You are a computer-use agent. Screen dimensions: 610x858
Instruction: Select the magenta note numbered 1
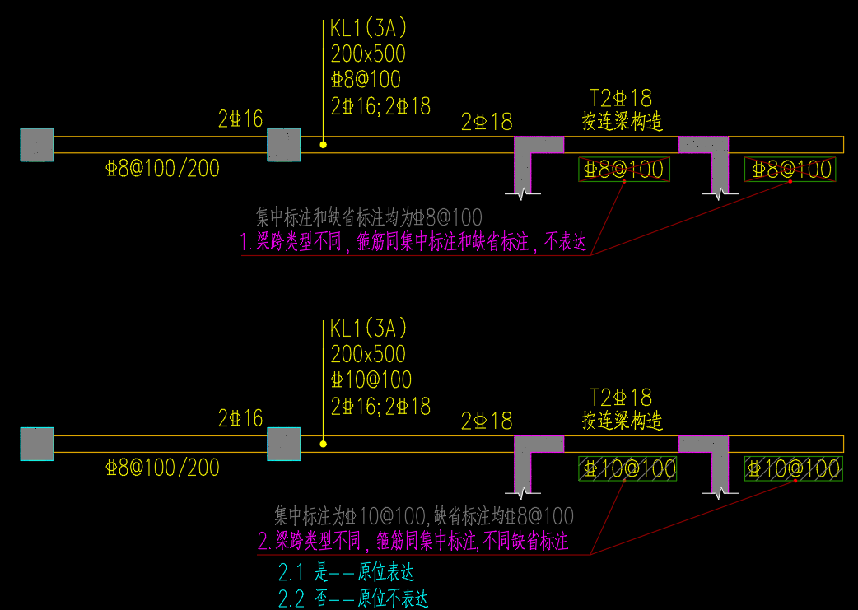(413, 243)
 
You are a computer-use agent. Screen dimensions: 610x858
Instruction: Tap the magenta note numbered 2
(413, 541)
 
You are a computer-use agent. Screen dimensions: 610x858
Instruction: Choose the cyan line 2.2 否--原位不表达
(353, 598)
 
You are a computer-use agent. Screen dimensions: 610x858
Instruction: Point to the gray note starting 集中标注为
(423, 517)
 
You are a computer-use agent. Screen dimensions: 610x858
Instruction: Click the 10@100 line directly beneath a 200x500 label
(371, 380)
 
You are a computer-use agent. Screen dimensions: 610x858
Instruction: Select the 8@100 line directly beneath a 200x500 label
(366, 80)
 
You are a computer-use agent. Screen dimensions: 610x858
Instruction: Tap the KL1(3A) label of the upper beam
(368, 29)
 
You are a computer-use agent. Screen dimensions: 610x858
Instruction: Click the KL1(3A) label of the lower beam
(368, 328)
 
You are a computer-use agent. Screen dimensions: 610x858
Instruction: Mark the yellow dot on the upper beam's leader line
(324, 145)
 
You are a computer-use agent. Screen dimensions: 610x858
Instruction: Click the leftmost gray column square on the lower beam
(37, 444)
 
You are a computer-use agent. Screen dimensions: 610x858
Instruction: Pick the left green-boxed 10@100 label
(627, 469)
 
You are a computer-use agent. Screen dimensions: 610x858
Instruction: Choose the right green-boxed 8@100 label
(790, 170)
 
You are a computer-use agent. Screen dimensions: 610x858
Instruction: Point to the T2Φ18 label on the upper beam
(621, 99)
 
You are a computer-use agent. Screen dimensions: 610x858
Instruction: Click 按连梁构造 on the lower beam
(622, 421)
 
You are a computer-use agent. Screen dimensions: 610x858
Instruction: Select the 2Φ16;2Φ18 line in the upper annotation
(380, 106)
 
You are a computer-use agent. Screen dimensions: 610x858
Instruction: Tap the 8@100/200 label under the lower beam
(162, 468)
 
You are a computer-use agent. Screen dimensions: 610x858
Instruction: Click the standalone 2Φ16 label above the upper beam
(240, 119)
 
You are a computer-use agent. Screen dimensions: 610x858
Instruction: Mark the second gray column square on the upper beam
(284, 145)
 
